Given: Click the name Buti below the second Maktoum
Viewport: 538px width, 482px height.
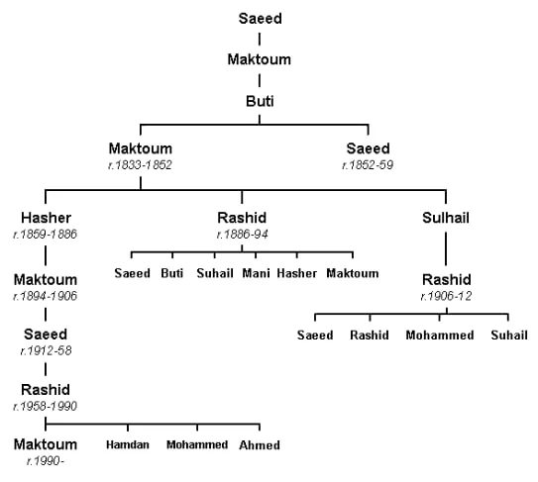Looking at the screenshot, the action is pyautogui.click(x=260, y=101).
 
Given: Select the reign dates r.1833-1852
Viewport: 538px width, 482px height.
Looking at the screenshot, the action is pyautogui.click(x=140, y=165).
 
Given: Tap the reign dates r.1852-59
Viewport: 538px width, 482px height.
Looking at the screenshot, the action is pyautogui.click(x=368, y=165).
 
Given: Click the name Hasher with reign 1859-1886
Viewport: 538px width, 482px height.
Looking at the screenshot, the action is pyautogui.click(x=46, y=218).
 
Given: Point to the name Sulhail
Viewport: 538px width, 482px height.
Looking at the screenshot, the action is pyautogui.click(x=446, y=218).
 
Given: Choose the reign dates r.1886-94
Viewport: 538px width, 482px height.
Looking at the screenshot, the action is pyautogui.click(x=242, y=235).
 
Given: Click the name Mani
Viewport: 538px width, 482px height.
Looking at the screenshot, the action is pyautogui.click(x=256, y=273).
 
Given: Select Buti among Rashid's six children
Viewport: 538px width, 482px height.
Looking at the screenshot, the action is pyautogui.click(x=171, y=273).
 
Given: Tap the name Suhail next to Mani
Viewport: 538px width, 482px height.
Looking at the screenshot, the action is pyautogui.click(x=215, y=273).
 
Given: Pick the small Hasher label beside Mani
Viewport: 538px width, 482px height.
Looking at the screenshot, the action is pyautogui.click(x=297, y=273).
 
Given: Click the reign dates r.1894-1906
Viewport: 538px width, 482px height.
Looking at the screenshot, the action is pyautogui.click(x=45, y=296).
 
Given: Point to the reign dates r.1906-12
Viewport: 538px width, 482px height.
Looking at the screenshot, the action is pyautogui.click(x=446, y=296).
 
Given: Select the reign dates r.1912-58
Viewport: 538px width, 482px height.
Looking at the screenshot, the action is pyautogui.click(x=46, y=350).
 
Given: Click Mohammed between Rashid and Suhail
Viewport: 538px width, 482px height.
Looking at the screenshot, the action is pyautogui.click(x=440, y=335).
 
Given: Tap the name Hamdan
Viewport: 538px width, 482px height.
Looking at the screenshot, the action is pyautogui.click(x=128, y=444).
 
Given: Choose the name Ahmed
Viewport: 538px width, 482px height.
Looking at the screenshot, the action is pyautogui.click(x=260, y=445).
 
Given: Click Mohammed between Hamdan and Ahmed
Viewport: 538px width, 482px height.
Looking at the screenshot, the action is pyautogui.click(x=197, y=444).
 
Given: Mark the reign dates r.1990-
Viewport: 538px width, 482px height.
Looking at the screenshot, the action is pyautogui.click(x=46, y=461).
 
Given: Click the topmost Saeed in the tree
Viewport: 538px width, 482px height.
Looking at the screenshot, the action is pyautogui.click(x=260, y=19).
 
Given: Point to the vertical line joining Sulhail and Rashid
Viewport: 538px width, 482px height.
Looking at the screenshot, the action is pyautogui.click(x=446, y=248).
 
